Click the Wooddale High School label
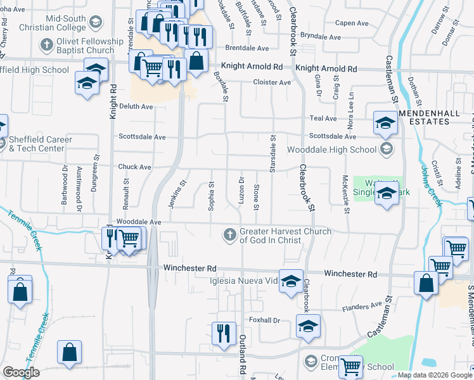tap(331, 150)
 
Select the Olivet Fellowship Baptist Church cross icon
tap(47, 45)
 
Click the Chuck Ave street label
tap(134, 167)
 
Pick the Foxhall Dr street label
tap(264, 320)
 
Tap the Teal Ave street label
tap(323, 118)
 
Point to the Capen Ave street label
tap(352, 23)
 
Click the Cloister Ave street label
tap(272, 82)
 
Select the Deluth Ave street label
tap(136, 106)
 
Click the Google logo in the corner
tap(21, 372)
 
